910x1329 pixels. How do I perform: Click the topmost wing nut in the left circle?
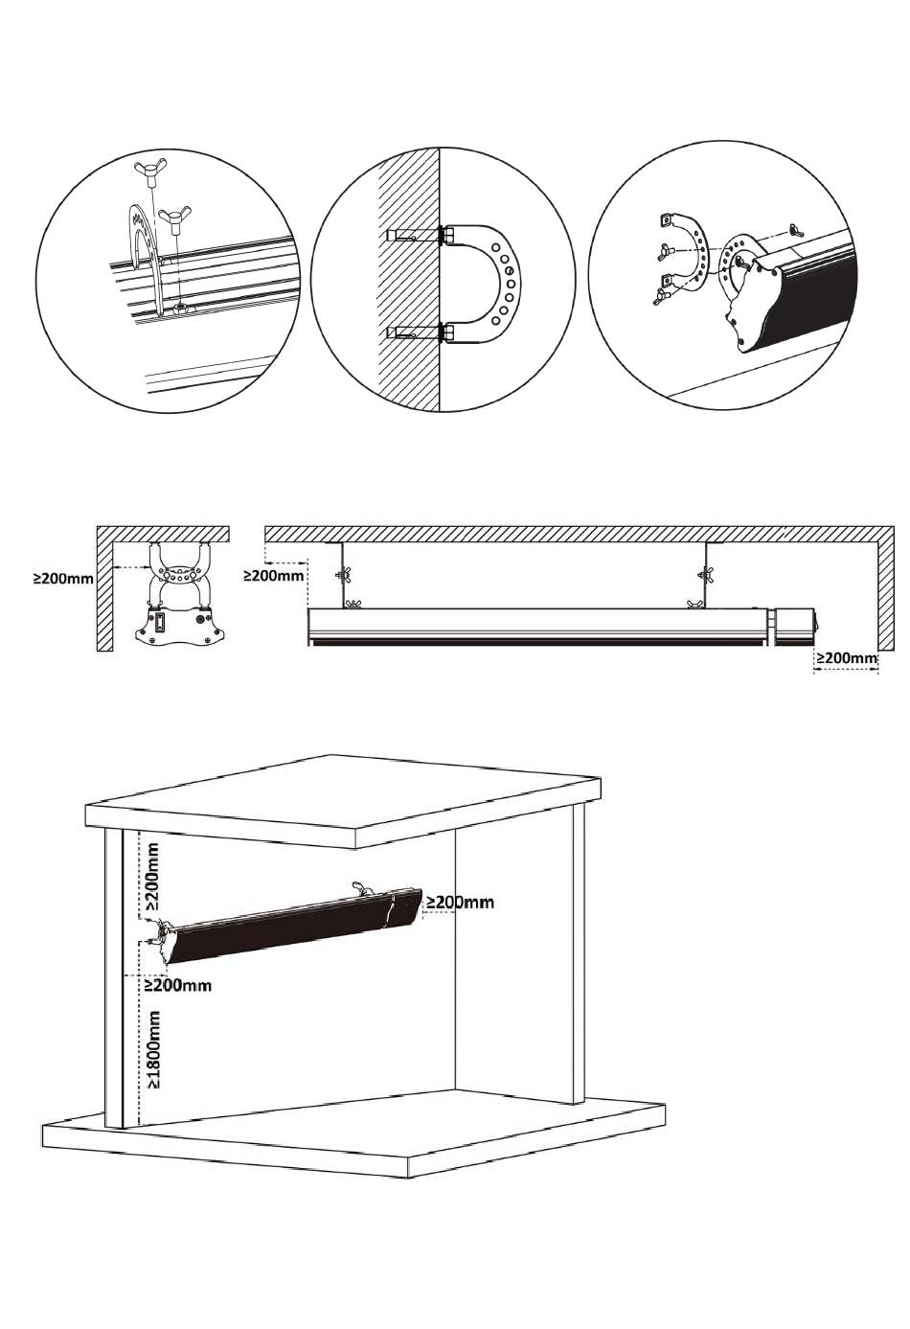pyautogui.click(x=148, y=171)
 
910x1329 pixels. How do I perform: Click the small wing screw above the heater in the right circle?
pyautogui.click(x=797, y=231)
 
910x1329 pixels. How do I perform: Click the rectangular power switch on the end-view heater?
pyautogui.click(x=160, y=624)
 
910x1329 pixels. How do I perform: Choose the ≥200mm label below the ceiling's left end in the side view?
pyautogui.click(x=274, y=575)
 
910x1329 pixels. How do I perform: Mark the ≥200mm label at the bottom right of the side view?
pyautogui.click(x=847, y=657)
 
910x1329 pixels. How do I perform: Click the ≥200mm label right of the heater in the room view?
pyautogui.click(x=460, y=902)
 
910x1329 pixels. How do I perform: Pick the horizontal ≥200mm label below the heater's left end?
pyautogui.click(x=178, y=985)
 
